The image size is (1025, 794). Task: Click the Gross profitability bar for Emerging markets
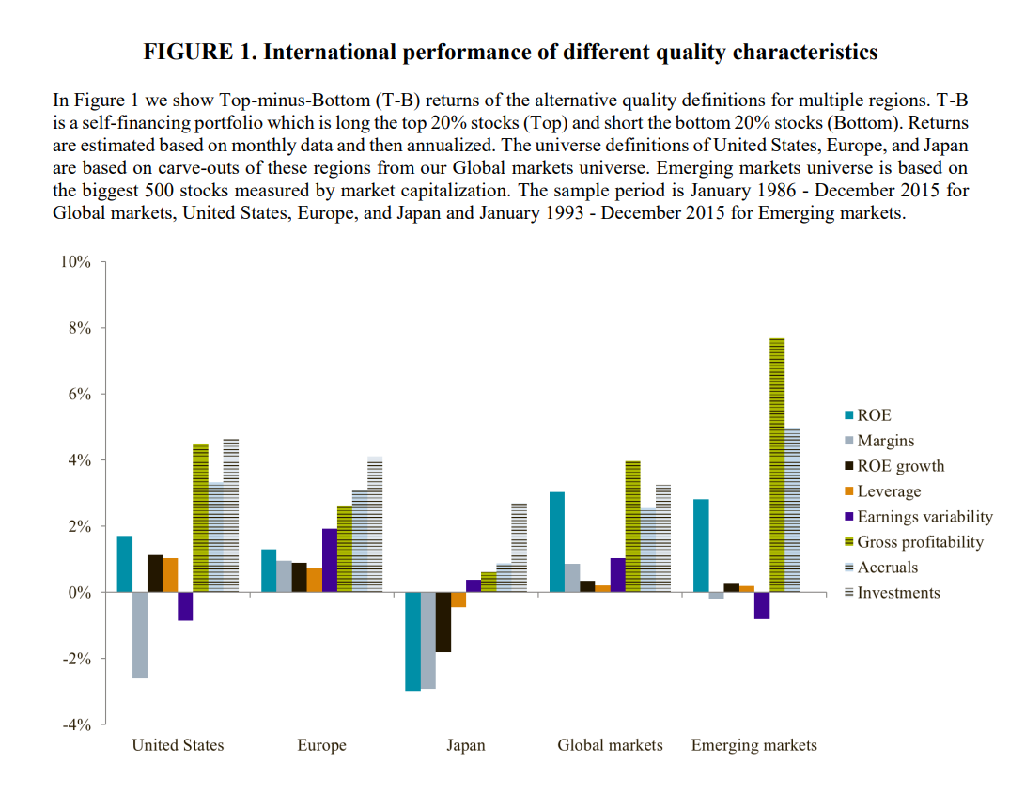coord(776,465)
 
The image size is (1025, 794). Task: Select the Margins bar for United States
coord(139,635)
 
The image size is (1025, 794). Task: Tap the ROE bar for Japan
coord(412,641)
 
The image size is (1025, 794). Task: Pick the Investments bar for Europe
coord(375,524)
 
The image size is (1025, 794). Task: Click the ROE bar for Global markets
coord(556,542)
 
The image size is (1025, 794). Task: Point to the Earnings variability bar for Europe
coord(329,560)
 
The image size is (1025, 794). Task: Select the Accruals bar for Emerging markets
coord(791,510)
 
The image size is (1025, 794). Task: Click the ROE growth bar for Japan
coord(443,622)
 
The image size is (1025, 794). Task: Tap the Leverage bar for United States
coord(170,575)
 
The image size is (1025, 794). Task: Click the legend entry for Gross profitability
coord(920,542)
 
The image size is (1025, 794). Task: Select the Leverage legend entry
coord(889,491)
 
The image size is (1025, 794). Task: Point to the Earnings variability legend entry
coord(924,517)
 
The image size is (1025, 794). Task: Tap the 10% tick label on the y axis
coord(75,262)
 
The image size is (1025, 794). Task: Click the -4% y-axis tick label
coord(75,724)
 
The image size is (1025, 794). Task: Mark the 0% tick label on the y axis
coord(78,593)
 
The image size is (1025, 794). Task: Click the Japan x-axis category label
coord(466,745)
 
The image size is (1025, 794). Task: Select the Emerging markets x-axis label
coord(753,745)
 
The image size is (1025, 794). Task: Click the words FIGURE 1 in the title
coord(198,52)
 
